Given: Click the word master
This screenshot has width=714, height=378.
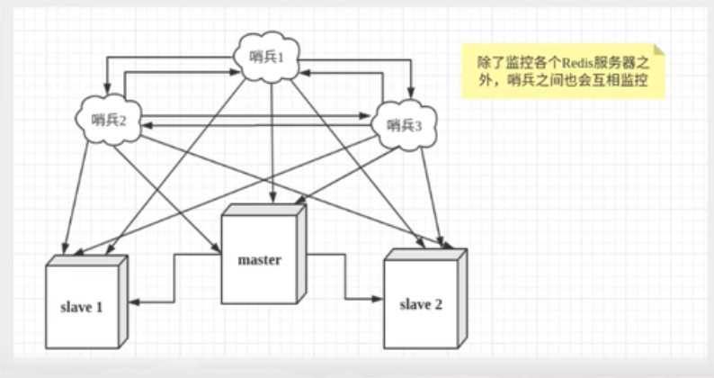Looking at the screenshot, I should (x=260, y=261).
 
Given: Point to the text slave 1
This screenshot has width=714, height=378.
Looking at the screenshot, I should (x=83, y=307).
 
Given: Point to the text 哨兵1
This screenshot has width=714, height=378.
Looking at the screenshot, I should (x=266, y=58).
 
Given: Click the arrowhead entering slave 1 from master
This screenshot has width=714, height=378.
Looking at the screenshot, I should (x=130, y=301).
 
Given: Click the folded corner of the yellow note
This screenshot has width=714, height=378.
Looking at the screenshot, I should (x=661, y=52).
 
